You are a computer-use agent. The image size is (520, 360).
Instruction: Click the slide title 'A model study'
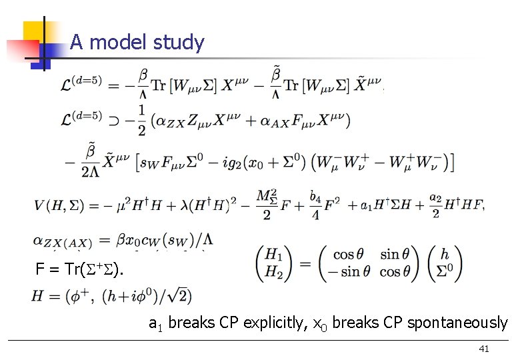pyautogui.click(x=137, y=43)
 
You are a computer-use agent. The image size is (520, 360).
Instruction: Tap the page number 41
pyautogui.click(x=485, y=349)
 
